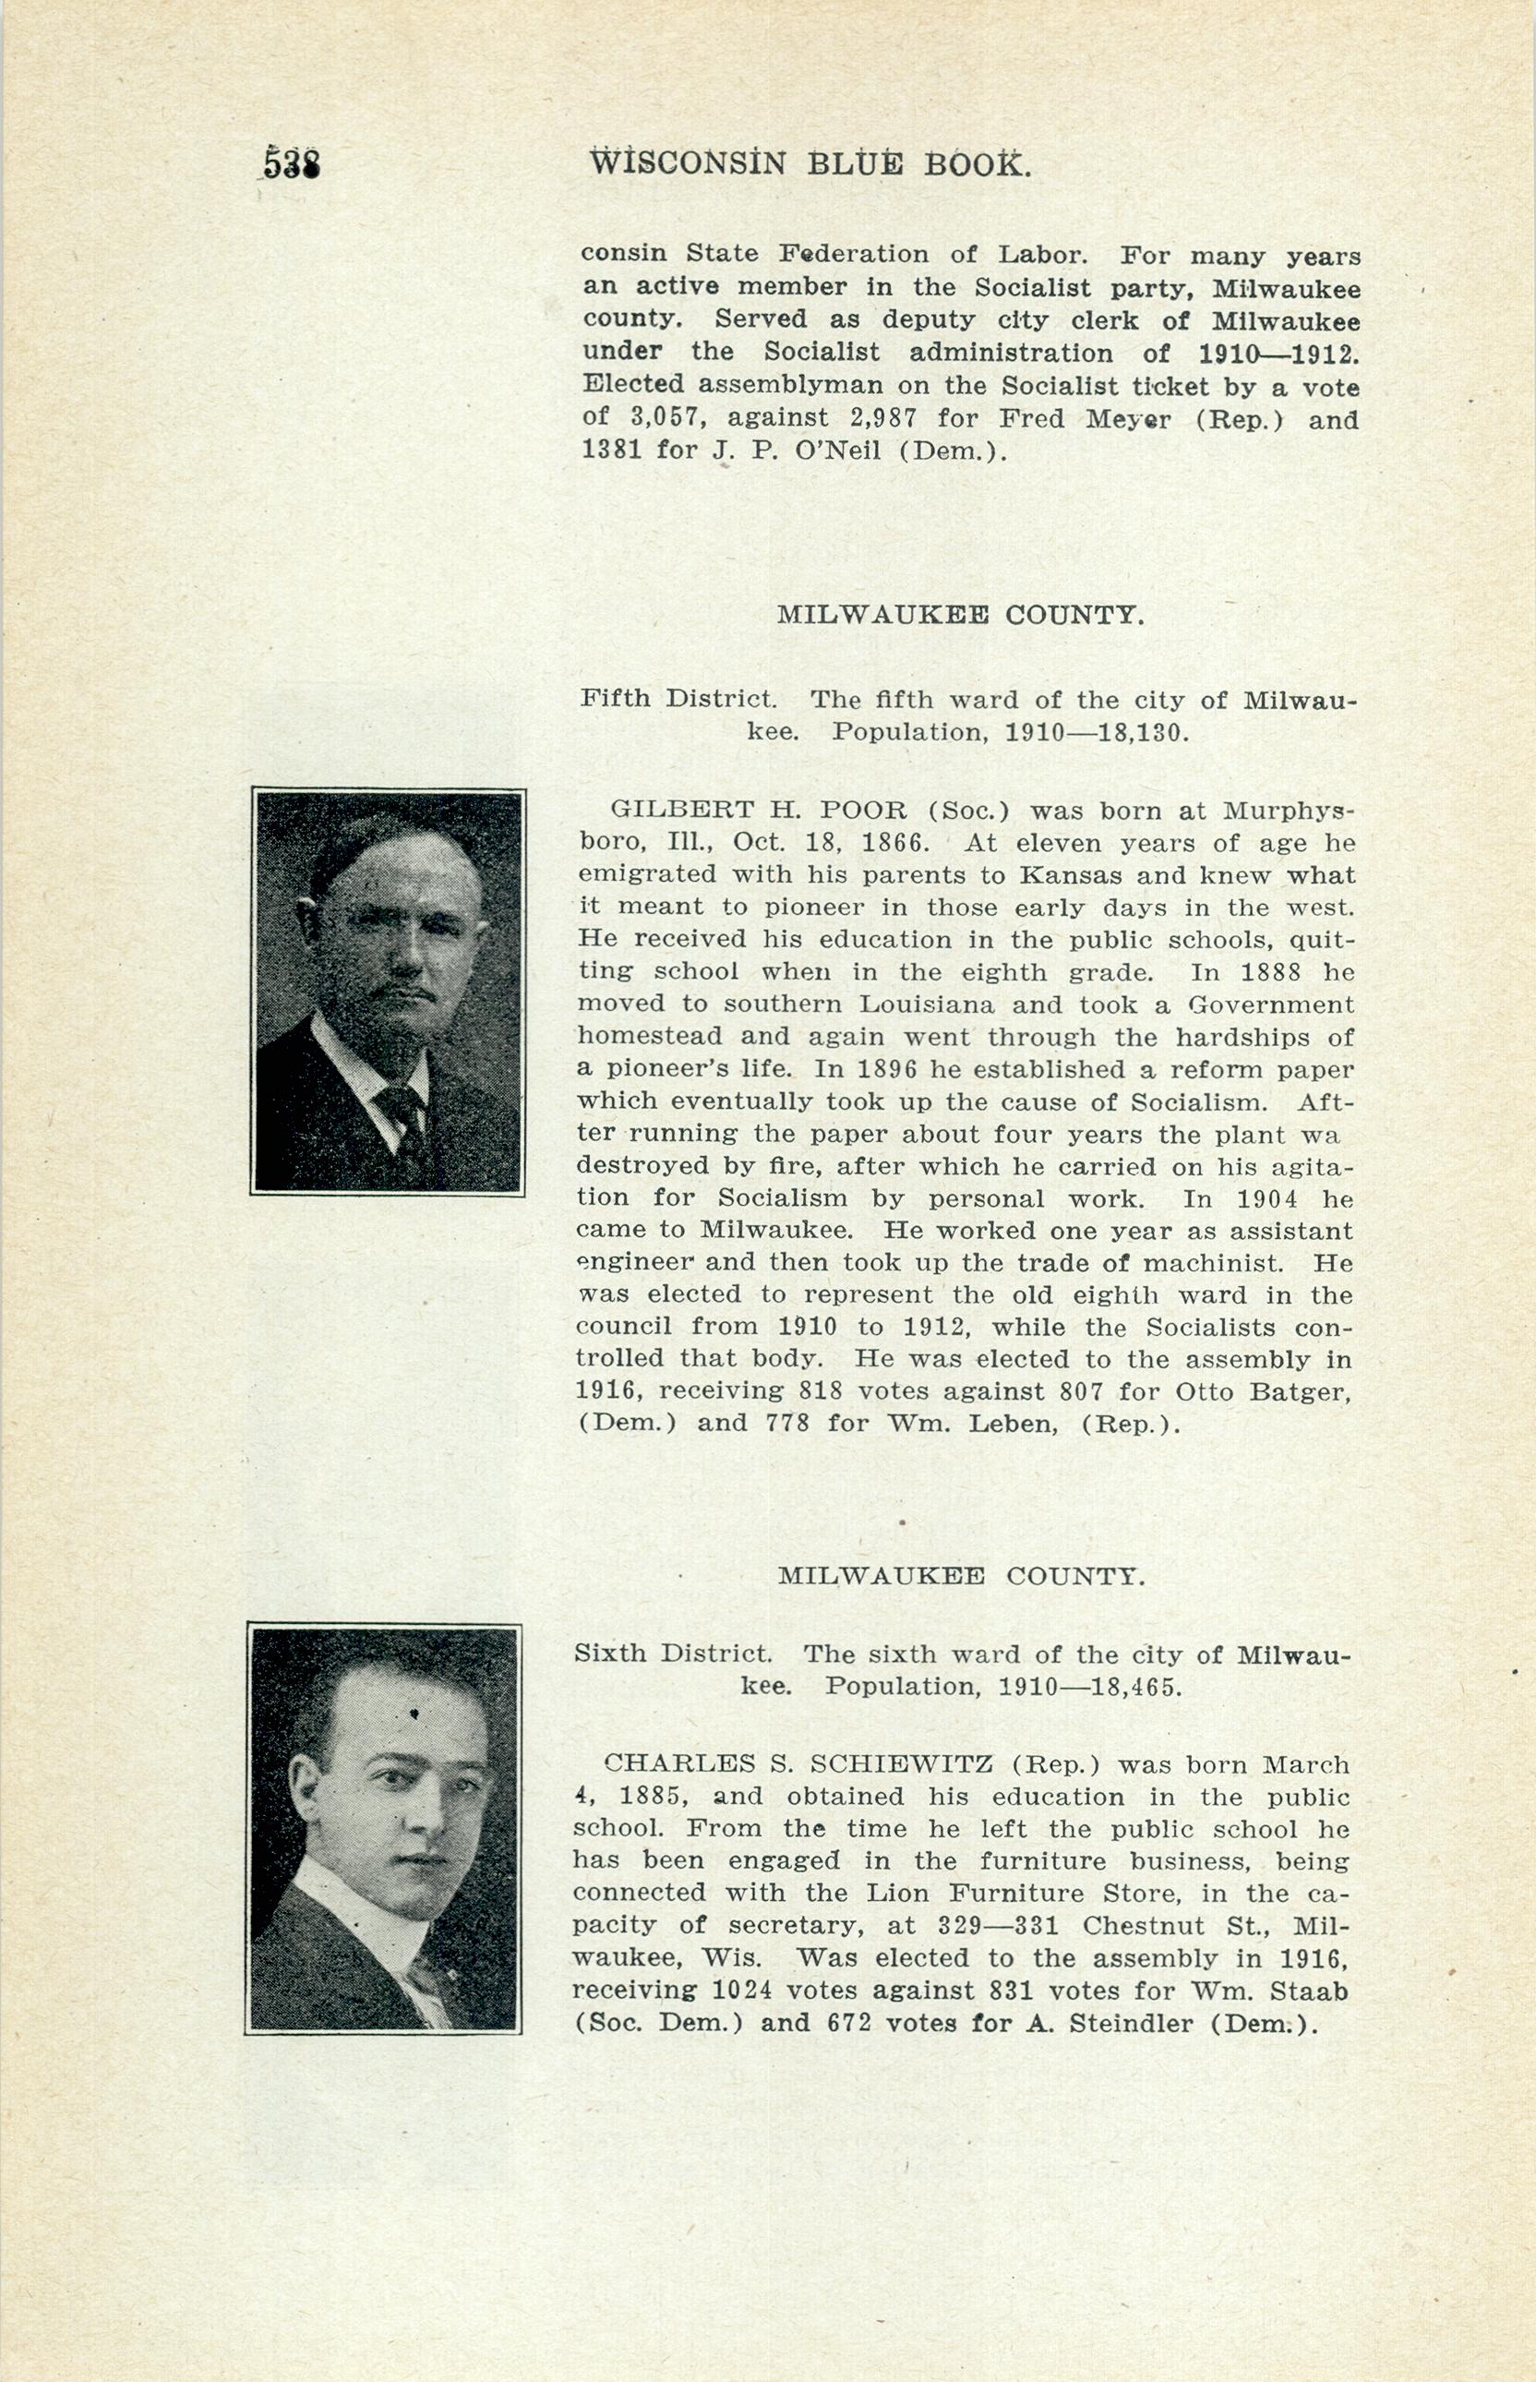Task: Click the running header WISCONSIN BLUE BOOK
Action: [x=810, y=162]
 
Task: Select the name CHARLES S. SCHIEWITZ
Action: [x=798, y=1764]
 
